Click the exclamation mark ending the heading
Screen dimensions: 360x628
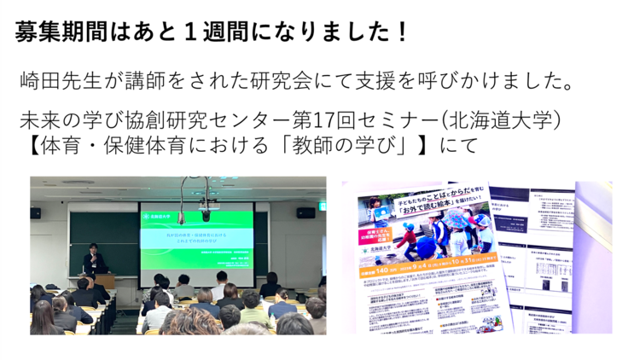(x=402, y=32)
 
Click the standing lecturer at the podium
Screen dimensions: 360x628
(x=91, y=262)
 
